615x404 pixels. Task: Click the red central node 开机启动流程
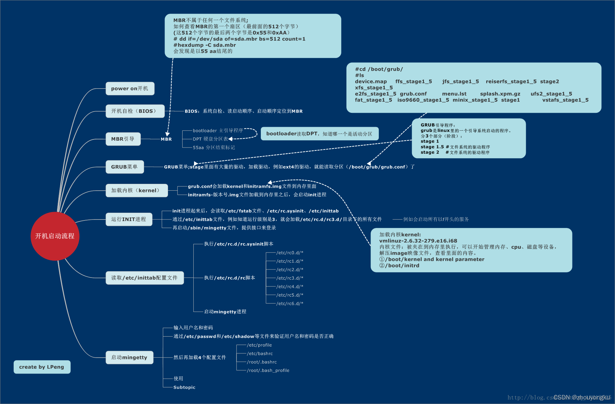coord(55,236)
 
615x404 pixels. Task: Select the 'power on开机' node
coord(130,89)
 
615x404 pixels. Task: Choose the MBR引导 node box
coord(123,139)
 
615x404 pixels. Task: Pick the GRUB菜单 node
coord(125,167)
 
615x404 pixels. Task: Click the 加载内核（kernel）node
coord(137,191)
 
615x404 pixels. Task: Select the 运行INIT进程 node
coord(129,220)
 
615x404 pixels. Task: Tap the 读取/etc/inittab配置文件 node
coord(145,278)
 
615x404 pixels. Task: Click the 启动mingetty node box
coord(129,358)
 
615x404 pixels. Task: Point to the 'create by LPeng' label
coord(42,367)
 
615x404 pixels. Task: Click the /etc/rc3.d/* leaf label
coord(290,278)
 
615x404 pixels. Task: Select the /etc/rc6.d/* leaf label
coord(290,303)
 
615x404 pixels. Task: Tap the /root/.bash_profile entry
coord(268,371)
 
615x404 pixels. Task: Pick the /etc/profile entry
coord(259,345)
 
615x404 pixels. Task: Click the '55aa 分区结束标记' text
coord(214,148)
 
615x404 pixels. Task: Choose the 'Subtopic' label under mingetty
coord(184,387)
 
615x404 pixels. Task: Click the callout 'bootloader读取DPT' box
coord(320,134)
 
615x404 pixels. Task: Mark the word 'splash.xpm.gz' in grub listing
coord(500,94)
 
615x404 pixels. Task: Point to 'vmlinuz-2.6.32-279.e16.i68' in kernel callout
coord(418,241)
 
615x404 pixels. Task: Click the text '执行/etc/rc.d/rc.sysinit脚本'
coord(238,244)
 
